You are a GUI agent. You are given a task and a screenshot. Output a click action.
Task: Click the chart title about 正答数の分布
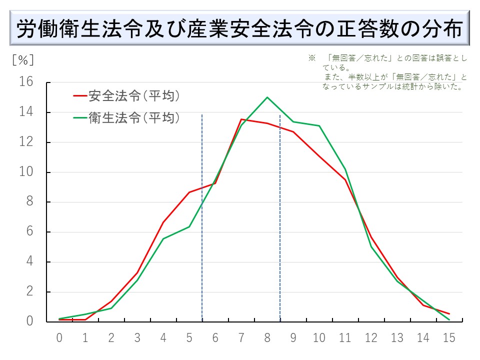tap(239, 29)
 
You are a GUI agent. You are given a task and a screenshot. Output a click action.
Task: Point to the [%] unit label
tap(23, 59)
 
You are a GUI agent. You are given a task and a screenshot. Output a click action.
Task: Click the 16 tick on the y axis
tap(26, 82)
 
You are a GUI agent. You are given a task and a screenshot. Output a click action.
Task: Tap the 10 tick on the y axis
tap(26, 172)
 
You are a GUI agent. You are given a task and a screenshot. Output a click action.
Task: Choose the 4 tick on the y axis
tap(29, 262)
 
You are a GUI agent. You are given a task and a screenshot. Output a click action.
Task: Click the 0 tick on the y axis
tap(29, 321)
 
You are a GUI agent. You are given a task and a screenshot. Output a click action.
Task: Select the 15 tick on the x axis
tap(449, 338)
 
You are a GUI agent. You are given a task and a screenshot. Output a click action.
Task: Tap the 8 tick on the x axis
tap(267, 338)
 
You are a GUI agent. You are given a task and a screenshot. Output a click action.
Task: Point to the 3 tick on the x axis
tap(137, 338)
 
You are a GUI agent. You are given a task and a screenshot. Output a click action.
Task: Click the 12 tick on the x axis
tap(371, 338)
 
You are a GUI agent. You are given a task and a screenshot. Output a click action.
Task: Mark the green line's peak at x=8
tap(267, 97)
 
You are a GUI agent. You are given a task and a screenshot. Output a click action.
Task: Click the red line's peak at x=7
tap(241, 119)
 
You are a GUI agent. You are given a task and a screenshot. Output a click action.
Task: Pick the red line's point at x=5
tap(189, 192)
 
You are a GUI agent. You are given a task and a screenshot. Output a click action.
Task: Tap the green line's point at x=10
tap(319, 125)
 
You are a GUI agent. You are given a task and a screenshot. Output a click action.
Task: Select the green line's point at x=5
tap(189, 226)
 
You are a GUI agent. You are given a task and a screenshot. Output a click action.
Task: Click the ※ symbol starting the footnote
tap(311, 58)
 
